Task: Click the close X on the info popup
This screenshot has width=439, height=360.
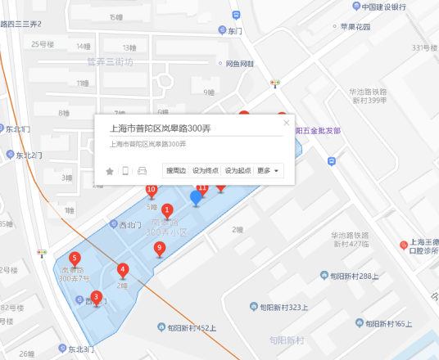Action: tap(286, 123)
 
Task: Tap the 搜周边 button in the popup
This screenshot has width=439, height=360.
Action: tap(176, 170)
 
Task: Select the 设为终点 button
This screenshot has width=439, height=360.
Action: tap(205, 170)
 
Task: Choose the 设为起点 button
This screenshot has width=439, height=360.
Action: tap(238, 170)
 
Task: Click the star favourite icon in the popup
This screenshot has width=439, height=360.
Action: tap(110, 171)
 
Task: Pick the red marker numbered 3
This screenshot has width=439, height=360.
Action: tap(97, 298)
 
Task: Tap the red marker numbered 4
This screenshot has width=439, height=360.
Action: tap(123, 270)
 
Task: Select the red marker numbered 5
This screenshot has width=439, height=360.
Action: tap(75, 259)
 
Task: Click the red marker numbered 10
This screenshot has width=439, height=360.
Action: tap(152, 191)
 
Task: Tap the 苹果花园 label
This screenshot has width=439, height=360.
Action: tap(355, 27)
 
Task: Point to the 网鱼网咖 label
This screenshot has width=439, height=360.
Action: tap(233, 63)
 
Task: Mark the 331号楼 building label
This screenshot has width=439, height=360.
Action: tap(426, 47)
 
